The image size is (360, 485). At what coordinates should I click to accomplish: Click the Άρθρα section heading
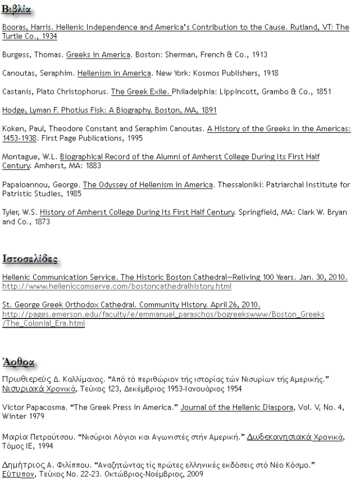20,361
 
